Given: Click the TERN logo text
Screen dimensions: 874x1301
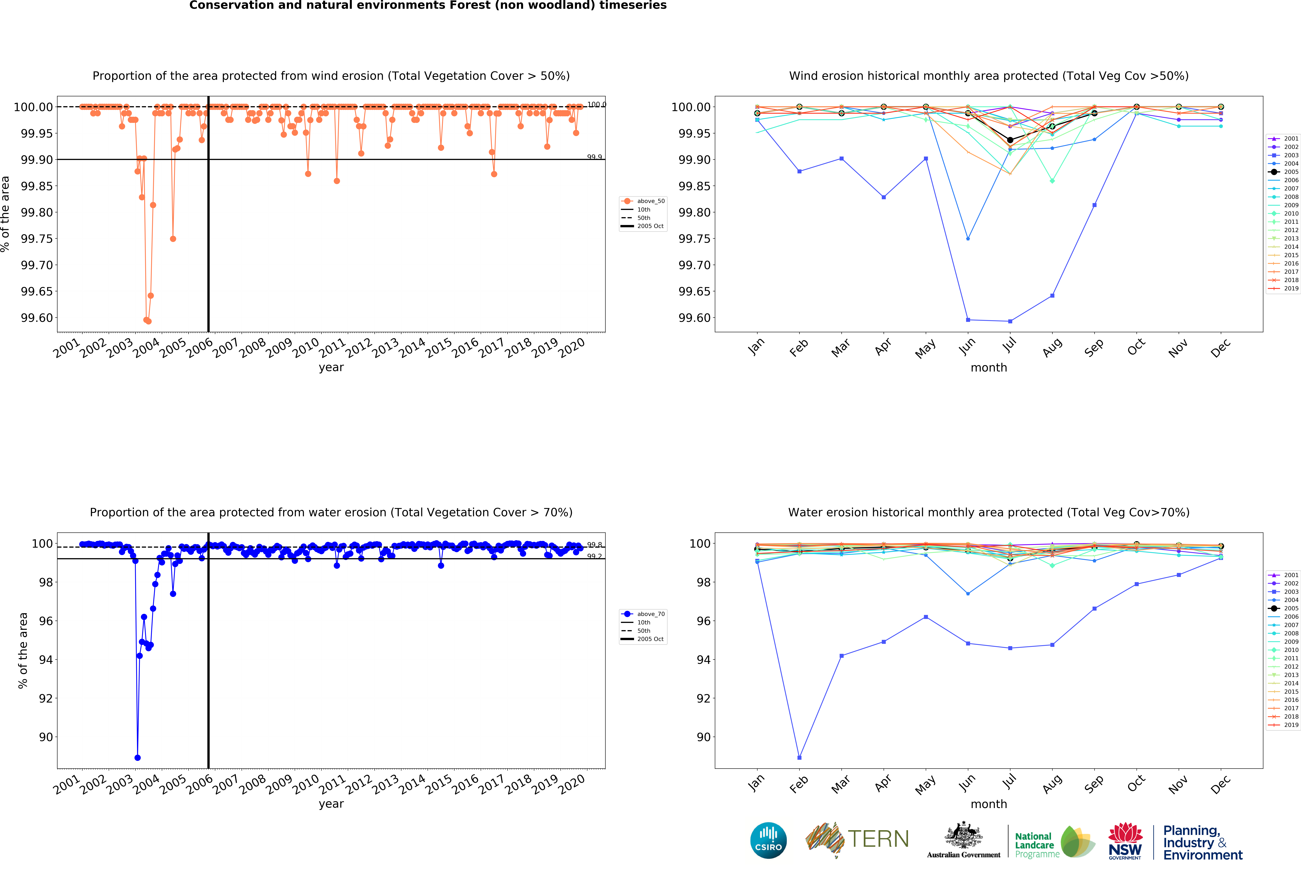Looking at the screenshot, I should [878, 839].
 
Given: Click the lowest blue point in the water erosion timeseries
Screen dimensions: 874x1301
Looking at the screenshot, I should [138, 758].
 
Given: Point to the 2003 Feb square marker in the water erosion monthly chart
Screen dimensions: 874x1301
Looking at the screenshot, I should [799, 758].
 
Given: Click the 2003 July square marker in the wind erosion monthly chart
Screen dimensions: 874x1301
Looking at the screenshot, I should [1010, 321].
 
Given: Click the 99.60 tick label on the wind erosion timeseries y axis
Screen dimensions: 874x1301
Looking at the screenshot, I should [37, 318].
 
